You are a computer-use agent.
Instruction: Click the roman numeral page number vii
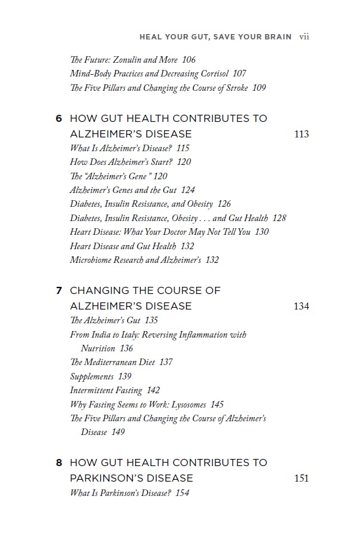(304, 36)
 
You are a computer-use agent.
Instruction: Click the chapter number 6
(59, 118)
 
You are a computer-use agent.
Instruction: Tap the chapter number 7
(59, 290)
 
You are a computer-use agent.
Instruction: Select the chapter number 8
(59, 463)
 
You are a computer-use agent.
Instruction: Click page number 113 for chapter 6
(301, 134)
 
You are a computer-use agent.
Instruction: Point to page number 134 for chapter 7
(301, 306)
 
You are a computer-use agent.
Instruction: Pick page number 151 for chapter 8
(301, 478)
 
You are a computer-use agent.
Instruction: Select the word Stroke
(235, 88)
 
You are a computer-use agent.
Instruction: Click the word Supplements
(91, 376)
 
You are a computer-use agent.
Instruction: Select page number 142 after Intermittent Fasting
(153, 391)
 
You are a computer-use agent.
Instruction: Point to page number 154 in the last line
(182, 493)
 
